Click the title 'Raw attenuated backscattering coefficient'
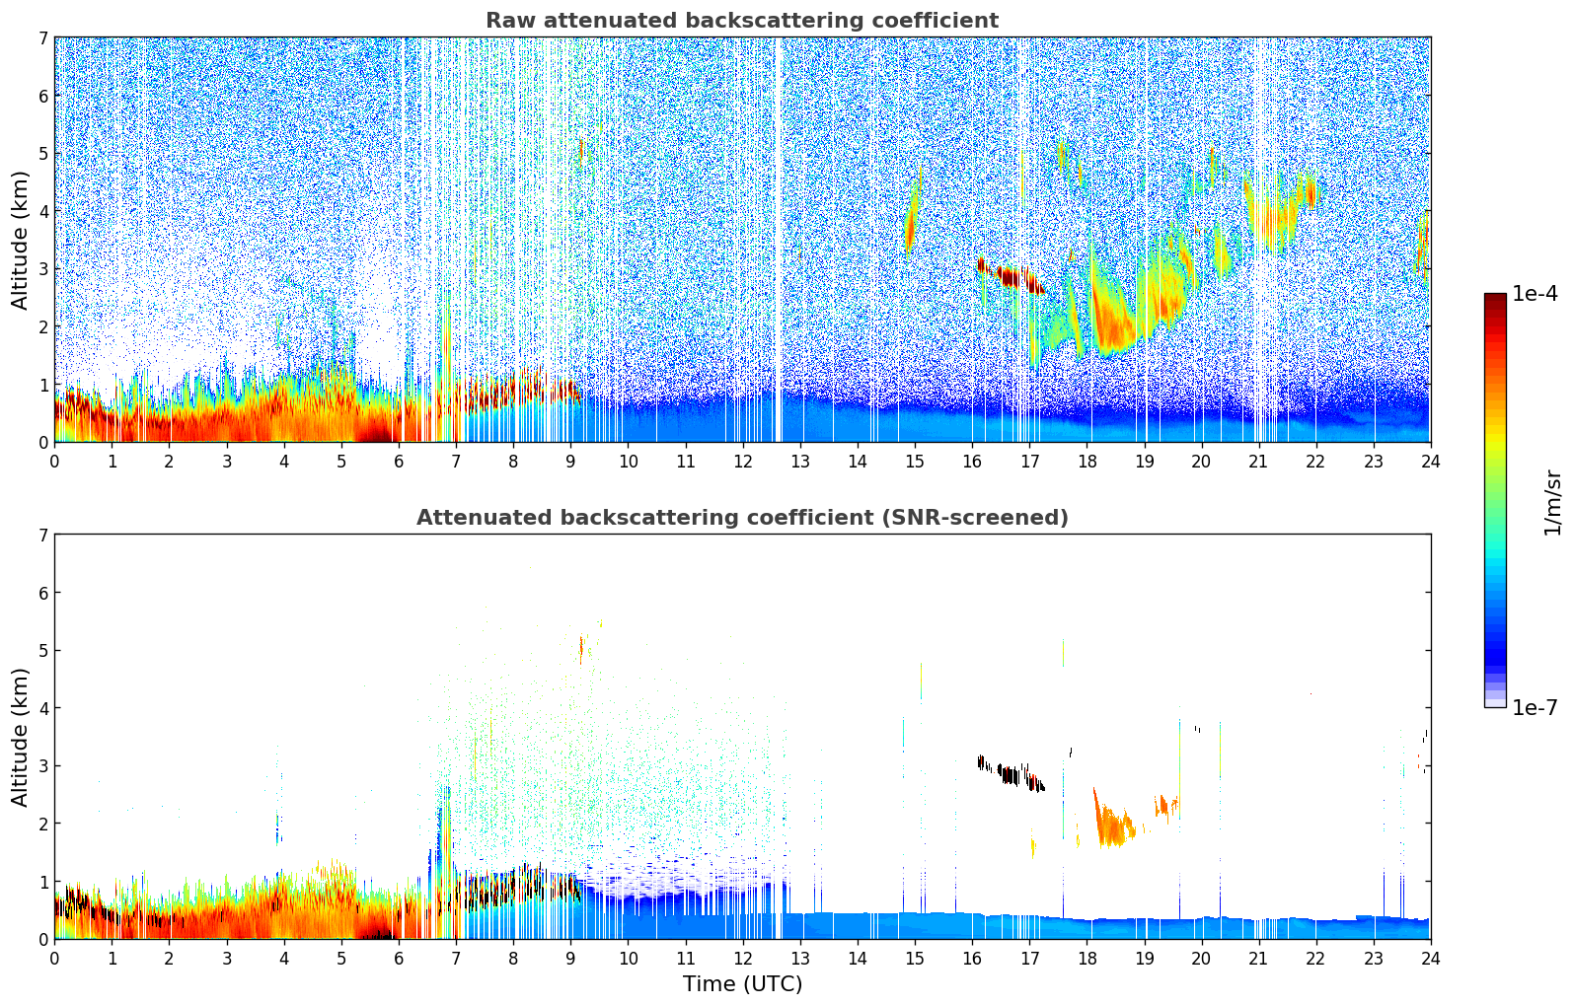tap(741, 21)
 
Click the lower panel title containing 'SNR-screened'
tap(741, 518)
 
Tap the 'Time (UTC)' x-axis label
tap(742, 984)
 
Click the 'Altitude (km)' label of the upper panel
tap(21, 240)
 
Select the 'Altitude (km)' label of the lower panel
tap(21, 737)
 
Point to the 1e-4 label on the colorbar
tap(1535, 294)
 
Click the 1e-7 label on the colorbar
tap(1535, 707)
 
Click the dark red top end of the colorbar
tap(1495, 298)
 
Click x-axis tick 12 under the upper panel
tap(742, 461)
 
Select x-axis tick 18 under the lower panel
tap(1087, 958)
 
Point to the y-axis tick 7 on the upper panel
tap(42, 37)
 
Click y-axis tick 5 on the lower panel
tap(42, 650)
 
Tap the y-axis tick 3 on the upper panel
tap(42, 269)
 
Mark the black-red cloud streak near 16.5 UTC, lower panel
tap(1012, 773)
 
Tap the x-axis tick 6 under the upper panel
tap(398, 461)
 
